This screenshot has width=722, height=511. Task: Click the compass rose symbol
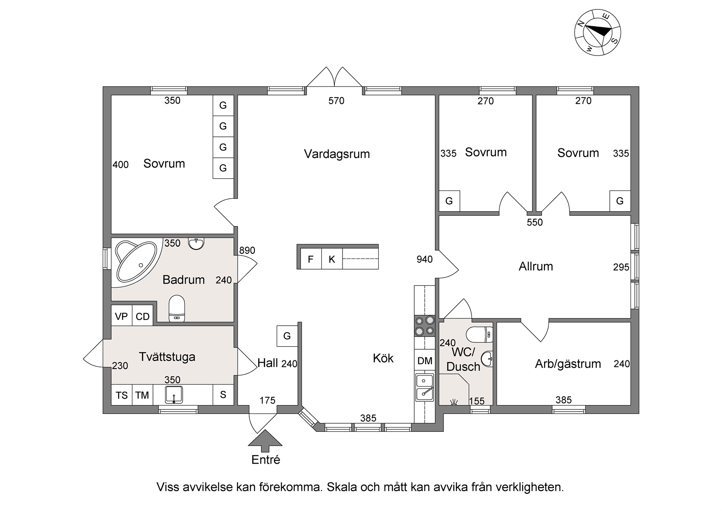[x=597, y=33]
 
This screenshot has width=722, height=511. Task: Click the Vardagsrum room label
[x=337, y=154]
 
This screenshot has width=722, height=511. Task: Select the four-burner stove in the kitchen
[x=425, y=326]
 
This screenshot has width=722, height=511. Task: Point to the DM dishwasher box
[x=425, y=360]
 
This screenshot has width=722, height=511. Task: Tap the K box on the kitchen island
[x=332, y=259]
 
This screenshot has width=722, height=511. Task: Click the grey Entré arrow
[x=265, y=440]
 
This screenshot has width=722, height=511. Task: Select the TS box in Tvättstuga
[x=122, y=395]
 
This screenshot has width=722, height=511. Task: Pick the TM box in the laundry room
[x=143, y=395]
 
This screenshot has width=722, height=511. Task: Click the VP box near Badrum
[x=122, y=316]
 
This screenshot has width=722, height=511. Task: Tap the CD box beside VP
[x=143, y=316]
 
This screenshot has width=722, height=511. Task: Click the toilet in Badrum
[x=177, y=309]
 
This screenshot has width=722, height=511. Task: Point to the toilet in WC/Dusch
[x=480, y=335]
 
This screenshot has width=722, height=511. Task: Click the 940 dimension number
[x=425, y=259]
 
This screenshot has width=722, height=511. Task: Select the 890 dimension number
[x=247, y=250]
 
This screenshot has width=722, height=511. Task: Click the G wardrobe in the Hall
[x=287, y=336]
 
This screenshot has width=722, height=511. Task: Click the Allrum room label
[x=535, y=267]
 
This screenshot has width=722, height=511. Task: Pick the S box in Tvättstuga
[x=223, y=395]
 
